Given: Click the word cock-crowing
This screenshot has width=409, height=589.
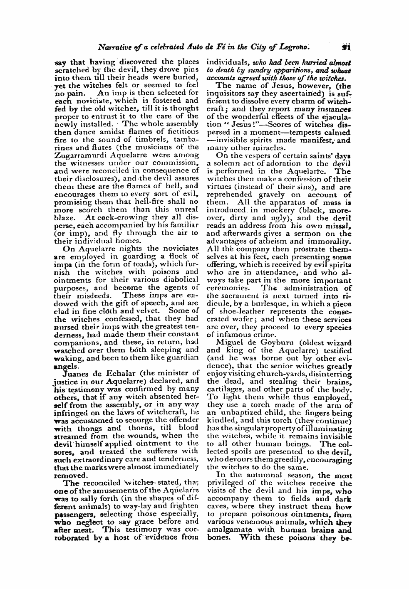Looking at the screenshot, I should click(117, 217).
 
